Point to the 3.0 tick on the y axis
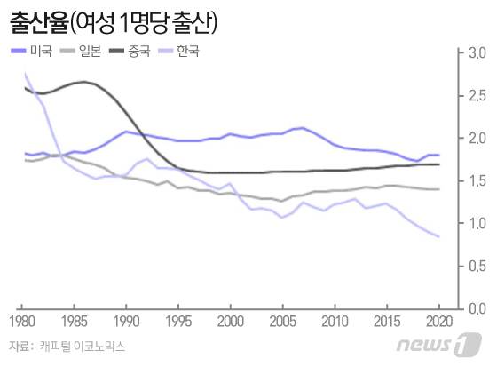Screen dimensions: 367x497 click(476, 54)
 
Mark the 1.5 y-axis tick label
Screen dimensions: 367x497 click(476, 181)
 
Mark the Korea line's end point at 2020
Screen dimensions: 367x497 click(439, 236)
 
